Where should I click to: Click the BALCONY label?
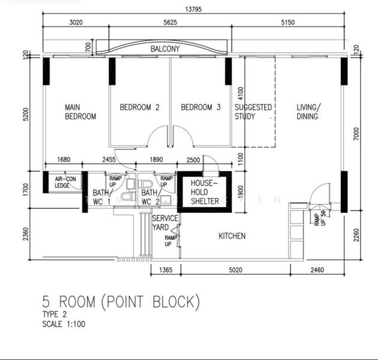pos(165,49)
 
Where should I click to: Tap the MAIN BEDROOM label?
pos(80,112)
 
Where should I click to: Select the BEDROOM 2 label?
pos(139,107)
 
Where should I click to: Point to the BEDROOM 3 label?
pos(201,107)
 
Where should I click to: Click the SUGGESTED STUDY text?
pos(253,112)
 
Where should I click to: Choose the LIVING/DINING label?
pos(308,112)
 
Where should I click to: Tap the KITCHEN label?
pos(232,236)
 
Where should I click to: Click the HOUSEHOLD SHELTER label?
pos(205,192)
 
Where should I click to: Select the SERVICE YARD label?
pos(164,223)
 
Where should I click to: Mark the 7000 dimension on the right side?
pos(356,134)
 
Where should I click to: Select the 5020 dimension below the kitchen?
pos(235,271)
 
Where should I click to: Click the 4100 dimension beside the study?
pos(241,94)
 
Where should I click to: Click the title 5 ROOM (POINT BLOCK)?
pos(121,301)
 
